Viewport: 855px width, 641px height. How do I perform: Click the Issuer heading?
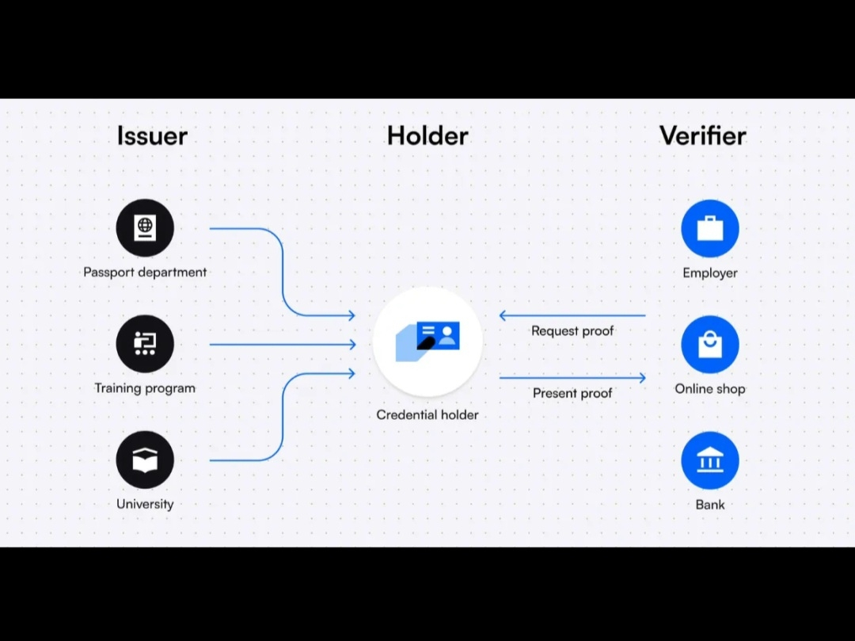click(x=152, y=135)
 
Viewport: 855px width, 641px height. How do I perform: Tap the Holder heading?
click(x=427, y=135)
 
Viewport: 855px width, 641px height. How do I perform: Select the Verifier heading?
click(x=702, y=135)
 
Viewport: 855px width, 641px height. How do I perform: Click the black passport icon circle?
click(x=145, y=228)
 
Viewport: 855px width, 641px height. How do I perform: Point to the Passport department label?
click(x=145, y=272)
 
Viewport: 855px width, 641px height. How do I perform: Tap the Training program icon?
click(x=145, y=344)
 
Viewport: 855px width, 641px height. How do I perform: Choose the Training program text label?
click(x=145, y=387)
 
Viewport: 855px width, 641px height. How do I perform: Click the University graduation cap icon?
click(x=145, y=460)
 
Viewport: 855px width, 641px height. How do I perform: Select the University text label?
click(x=145, y=503)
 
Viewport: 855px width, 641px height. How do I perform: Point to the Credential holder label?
click(x=427, y=414)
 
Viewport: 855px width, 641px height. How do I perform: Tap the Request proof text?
click(x=572, y=331)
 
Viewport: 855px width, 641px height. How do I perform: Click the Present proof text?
click(x=572, y=393)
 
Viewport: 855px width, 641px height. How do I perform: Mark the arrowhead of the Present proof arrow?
click(x=642, y=378)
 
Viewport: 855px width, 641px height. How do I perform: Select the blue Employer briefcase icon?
click(x=710, y=228)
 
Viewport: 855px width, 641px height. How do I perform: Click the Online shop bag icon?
click(x=710, y=344)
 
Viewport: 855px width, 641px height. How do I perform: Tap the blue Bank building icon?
click(x=710, y=460)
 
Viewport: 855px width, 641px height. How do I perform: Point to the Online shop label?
click(x=710, y=388)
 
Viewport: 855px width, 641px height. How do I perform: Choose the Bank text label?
click(x=710, y=504)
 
